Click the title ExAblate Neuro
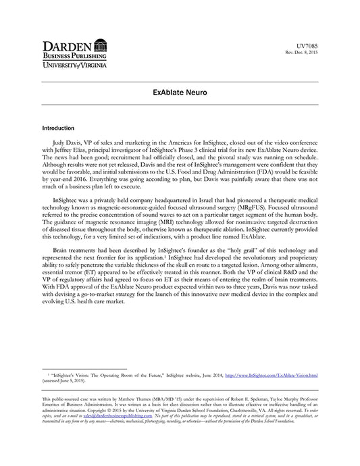pyautogui.click(x=180, y=90)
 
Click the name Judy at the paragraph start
pyautogui.click(x=59, y=145)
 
